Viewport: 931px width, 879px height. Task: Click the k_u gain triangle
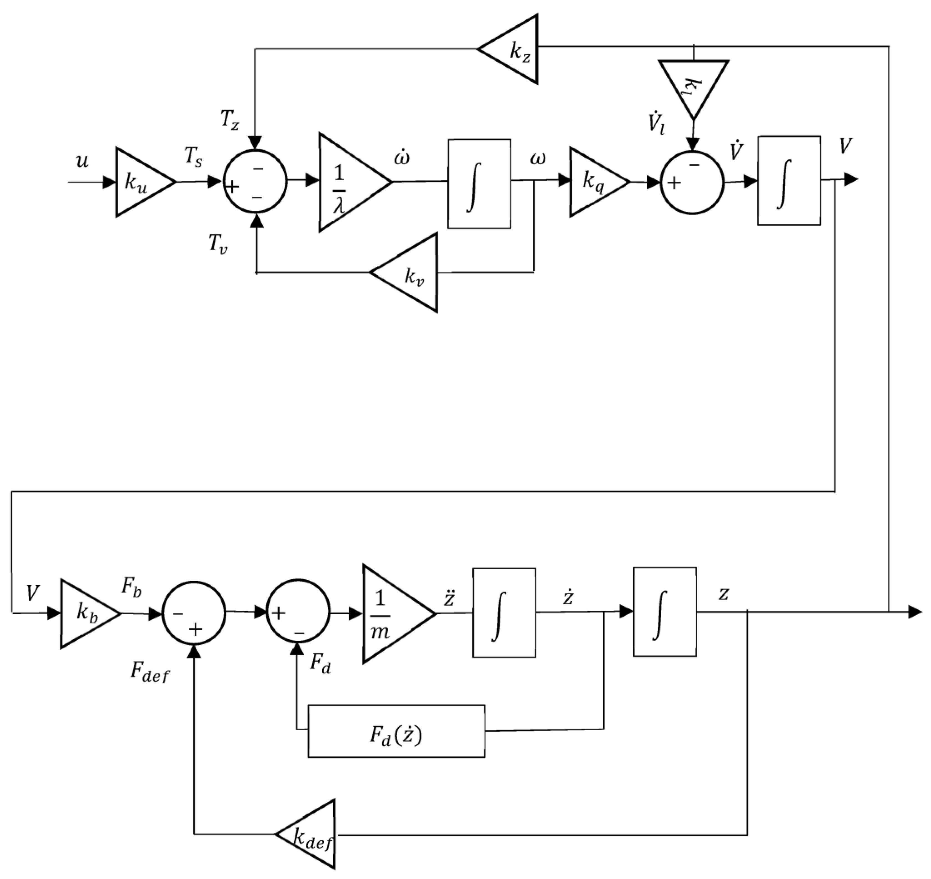tap(141, 182)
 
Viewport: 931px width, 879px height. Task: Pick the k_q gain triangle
tap(594, 182)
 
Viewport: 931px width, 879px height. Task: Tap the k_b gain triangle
tap(85, 614)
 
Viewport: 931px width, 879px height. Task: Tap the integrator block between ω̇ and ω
tap(479, 184)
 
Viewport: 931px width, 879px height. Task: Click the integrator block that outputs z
tap(664, 612)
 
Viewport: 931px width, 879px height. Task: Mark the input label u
tap(82, 162)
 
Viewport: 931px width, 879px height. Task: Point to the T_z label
tap(230, 121)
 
